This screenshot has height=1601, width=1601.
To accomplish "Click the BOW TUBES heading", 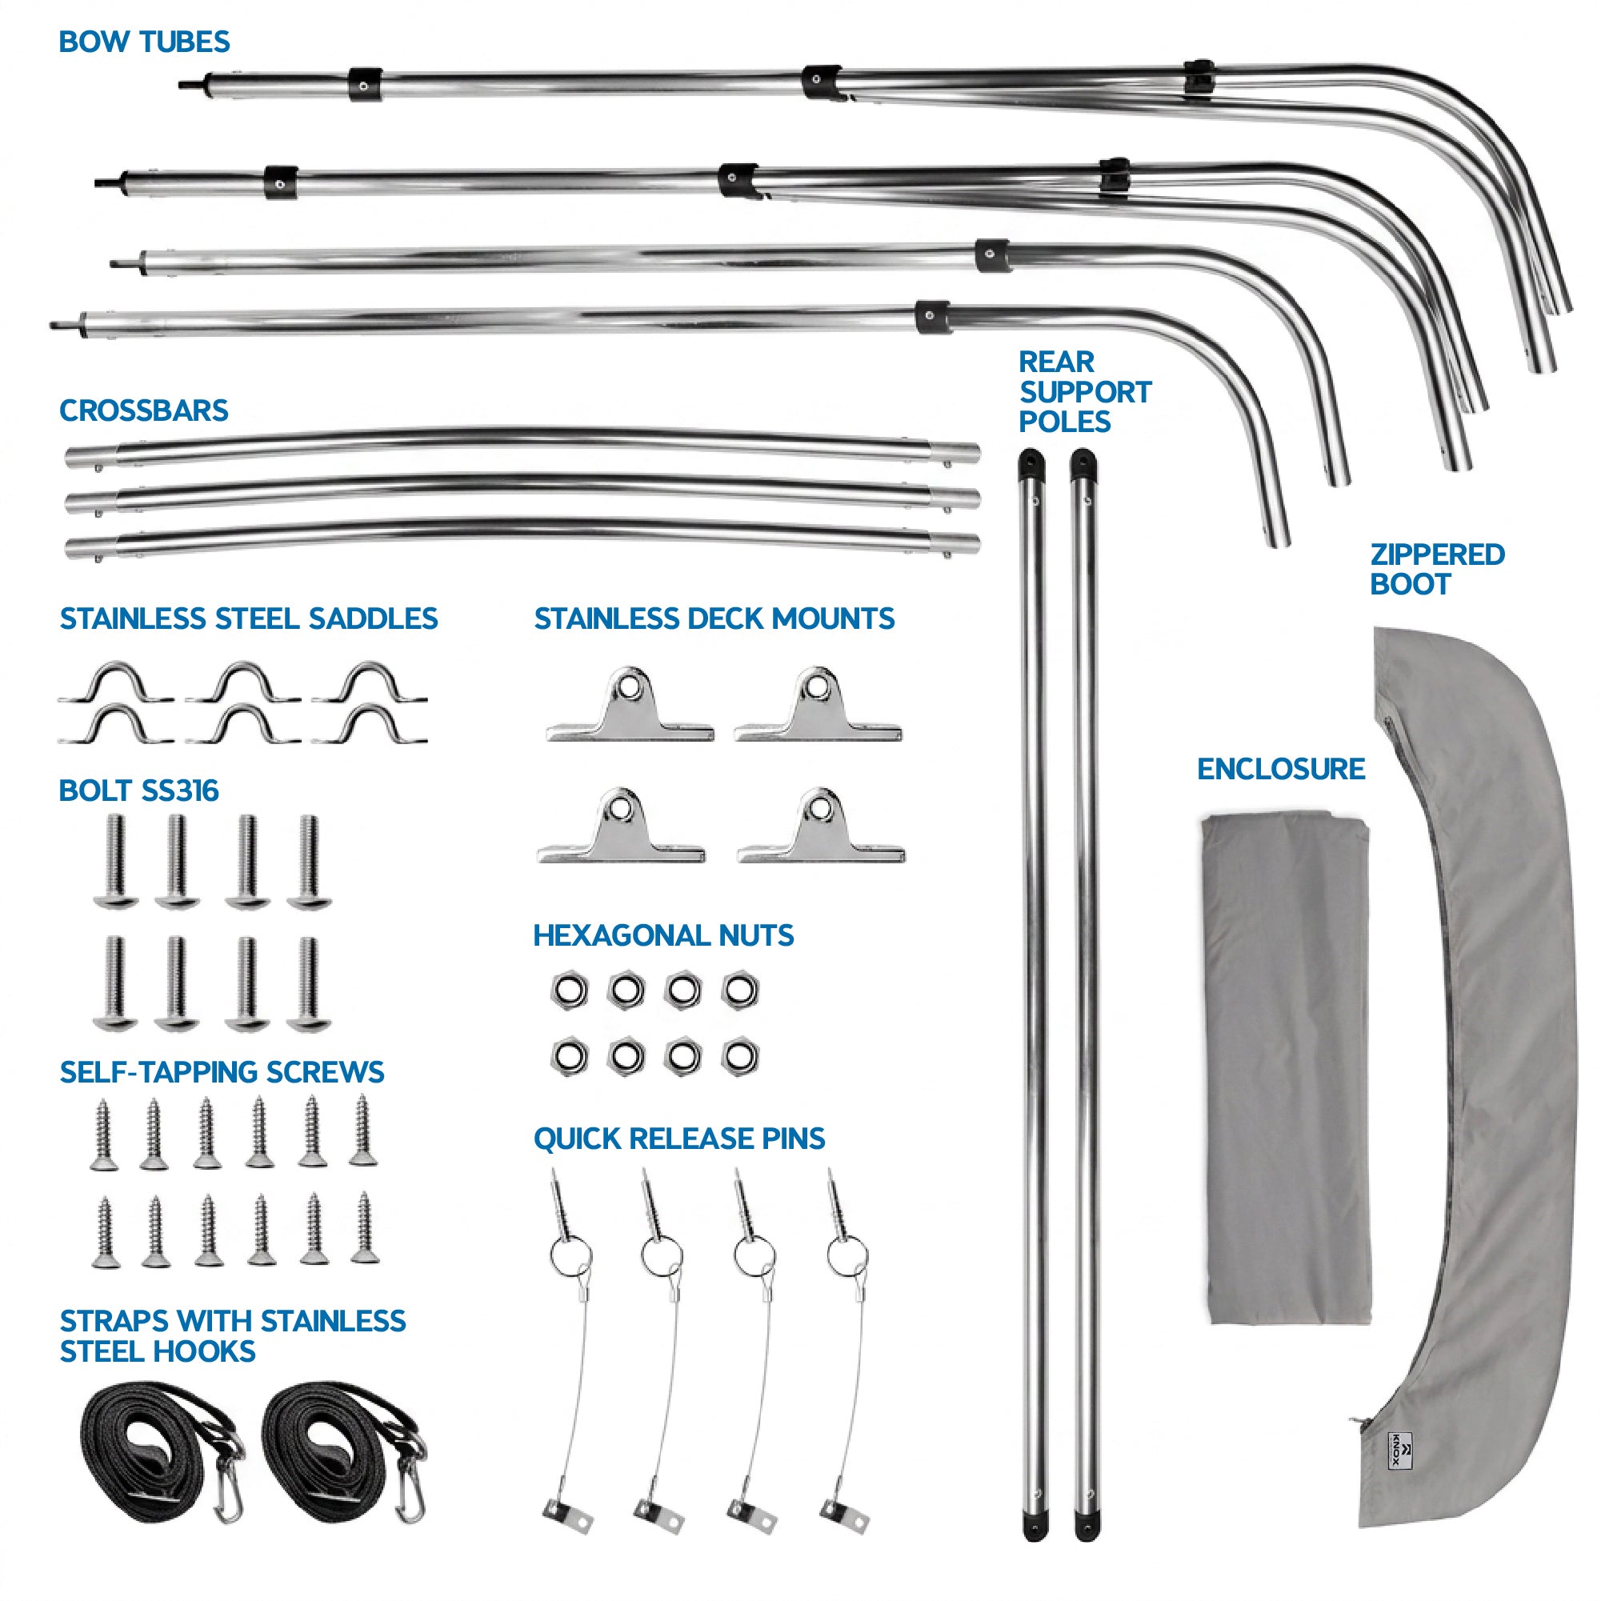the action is click(x=144, y=42).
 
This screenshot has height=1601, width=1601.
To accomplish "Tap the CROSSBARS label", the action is click(x=143, y=411).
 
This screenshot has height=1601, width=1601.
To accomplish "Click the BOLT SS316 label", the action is click(x=138, y=791).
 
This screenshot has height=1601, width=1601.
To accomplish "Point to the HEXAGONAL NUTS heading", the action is click(x=663, y=936).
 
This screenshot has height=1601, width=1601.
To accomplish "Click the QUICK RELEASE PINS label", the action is click(x=678, y=1139).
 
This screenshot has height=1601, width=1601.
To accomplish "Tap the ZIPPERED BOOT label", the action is click(x=1437, y=570).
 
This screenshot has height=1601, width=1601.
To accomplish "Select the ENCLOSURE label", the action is click(x=1280, y=770).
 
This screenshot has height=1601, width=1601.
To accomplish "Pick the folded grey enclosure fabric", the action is click(x=1286, y=1069).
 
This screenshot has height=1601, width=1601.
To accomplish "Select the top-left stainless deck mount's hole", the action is click(x=630, y=687).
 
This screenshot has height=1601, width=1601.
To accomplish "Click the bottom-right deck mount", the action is click(x=820, y=827).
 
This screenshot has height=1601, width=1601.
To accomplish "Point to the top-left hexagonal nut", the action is click(x=570, y=991).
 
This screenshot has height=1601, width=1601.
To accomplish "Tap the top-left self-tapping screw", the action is click(x=103, y=1134).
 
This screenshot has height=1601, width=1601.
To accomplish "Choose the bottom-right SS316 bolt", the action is click(x=309, y=984).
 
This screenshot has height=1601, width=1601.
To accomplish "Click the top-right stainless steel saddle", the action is click(x=370, y=682).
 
